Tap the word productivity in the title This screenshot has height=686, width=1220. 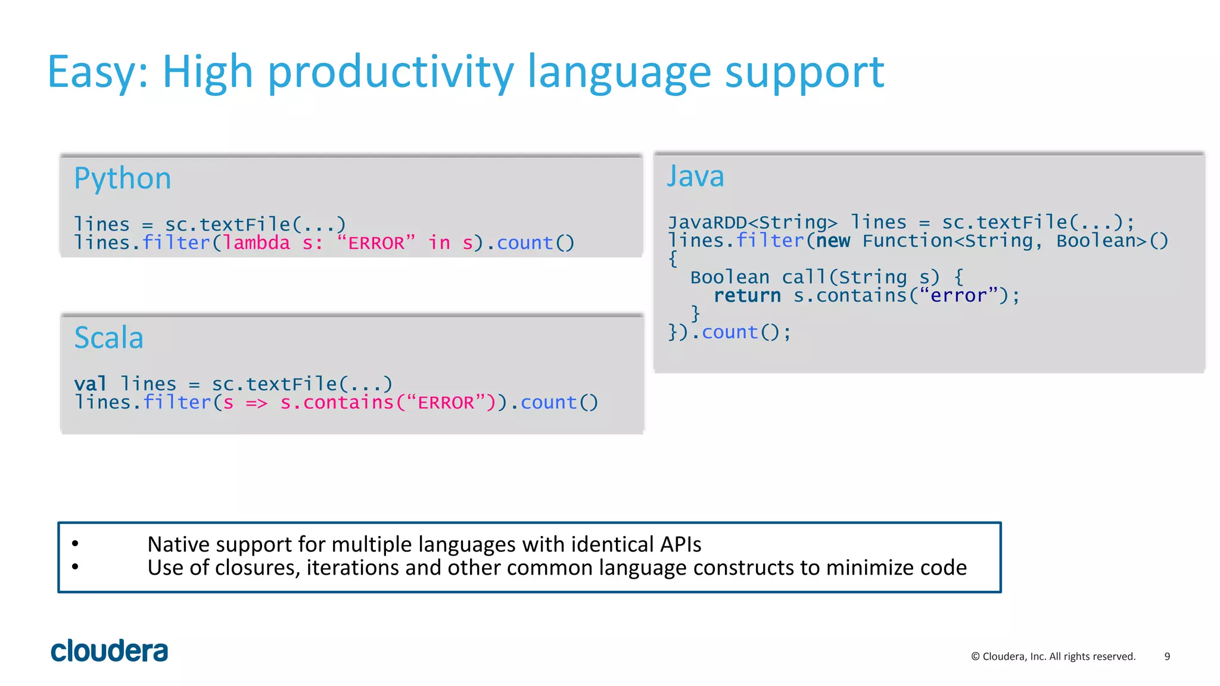coord(390,73)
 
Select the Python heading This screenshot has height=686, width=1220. coord(123,179)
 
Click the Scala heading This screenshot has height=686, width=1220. coord(109,338)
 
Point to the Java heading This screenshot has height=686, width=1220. coord(695,176)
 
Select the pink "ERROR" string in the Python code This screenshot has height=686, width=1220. coord(376,243)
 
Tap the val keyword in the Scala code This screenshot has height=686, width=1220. coord(90,384)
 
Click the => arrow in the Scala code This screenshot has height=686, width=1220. coord(257,403)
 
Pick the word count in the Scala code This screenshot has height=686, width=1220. coord(549,403)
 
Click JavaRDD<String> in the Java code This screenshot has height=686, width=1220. coord(752,223)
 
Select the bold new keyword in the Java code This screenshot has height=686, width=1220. coord(833,241)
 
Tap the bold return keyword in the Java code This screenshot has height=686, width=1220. coord(747,296)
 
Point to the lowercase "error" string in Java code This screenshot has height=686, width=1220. coord(958,296)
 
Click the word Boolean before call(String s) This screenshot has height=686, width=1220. coord(730,277)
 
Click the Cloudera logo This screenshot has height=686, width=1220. coord(110,651)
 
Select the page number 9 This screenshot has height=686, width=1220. coord(1167,656)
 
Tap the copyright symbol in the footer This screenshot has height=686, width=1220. coord(975,657)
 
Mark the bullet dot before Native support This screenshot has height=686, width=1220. coord(75,543)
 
